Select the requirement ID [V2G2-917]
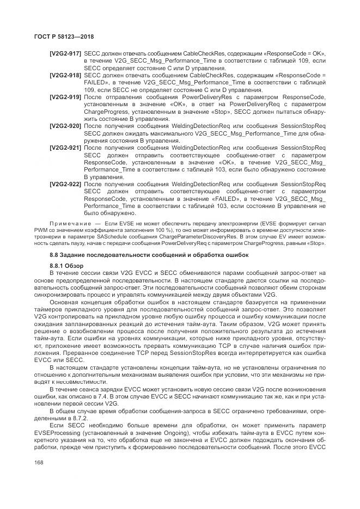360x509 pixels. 65,53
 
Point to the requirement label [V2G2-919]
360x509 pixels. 65,96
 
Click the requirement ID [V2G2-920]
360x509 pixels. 65,126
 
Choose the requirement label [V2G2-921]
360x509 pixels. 65,148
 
